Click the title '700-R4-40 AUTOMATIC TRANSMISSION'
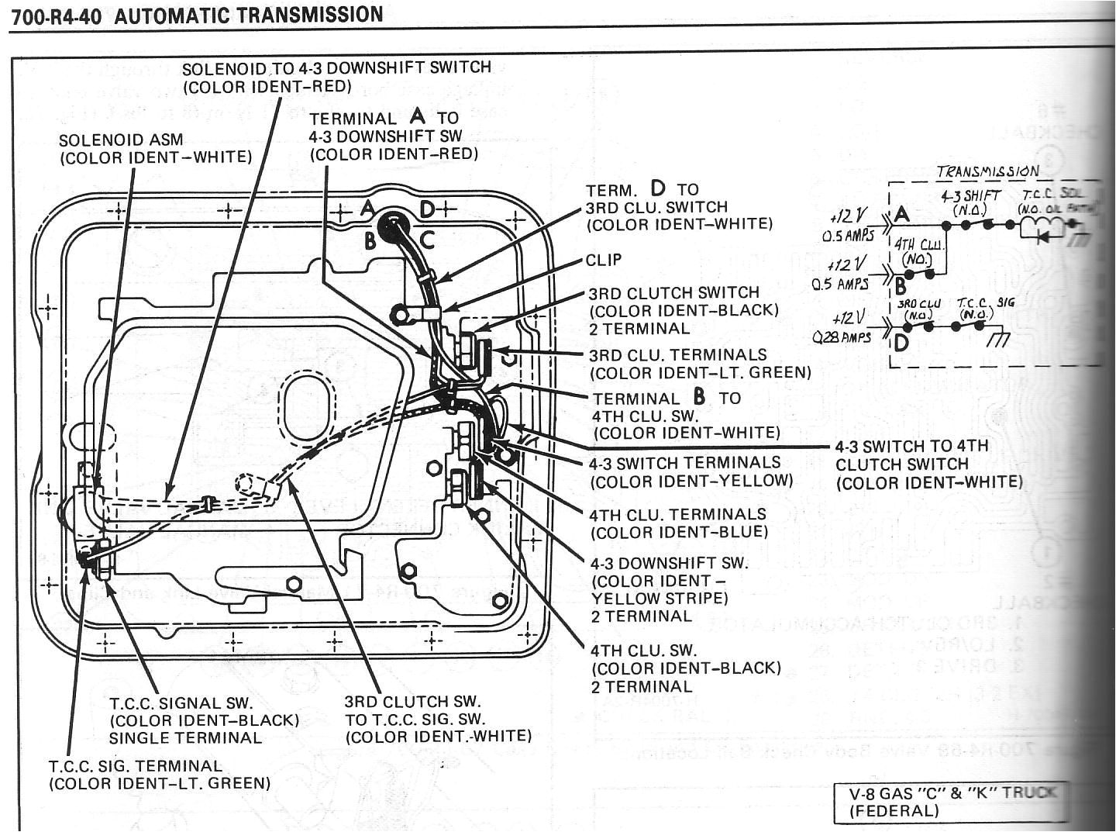click(195, 16)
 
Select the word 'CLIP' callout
click(604, 260)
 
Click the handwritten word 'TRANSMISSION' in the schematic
click(987, 171)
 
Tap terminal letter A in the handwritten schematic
click(901, 214)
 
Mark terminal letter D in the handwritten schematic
click(899, 341)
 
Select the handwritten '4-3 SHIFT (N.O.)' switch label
click(970, 203)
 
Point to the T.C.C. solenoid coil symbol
click(1036, 226)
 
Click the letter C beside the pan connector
click(427, 240)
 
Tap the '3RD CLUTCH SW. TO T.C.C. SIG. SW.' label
click(439, 719)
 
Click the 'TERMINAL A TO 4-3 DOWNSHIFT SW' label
click(394, 136)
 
